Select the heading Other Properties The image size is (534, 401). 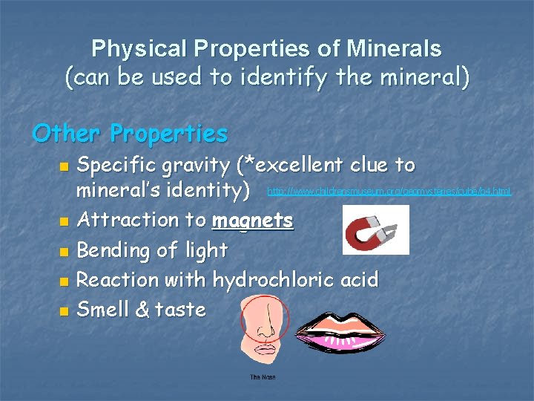131,134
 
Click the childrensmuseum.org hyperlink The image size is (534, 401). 389,192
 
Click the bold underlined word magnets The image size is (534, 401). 253,221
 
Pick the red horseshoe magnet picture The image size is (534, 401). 375,229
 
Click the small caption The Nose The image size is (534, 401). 263,377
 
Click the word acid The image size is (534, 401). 360,280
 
